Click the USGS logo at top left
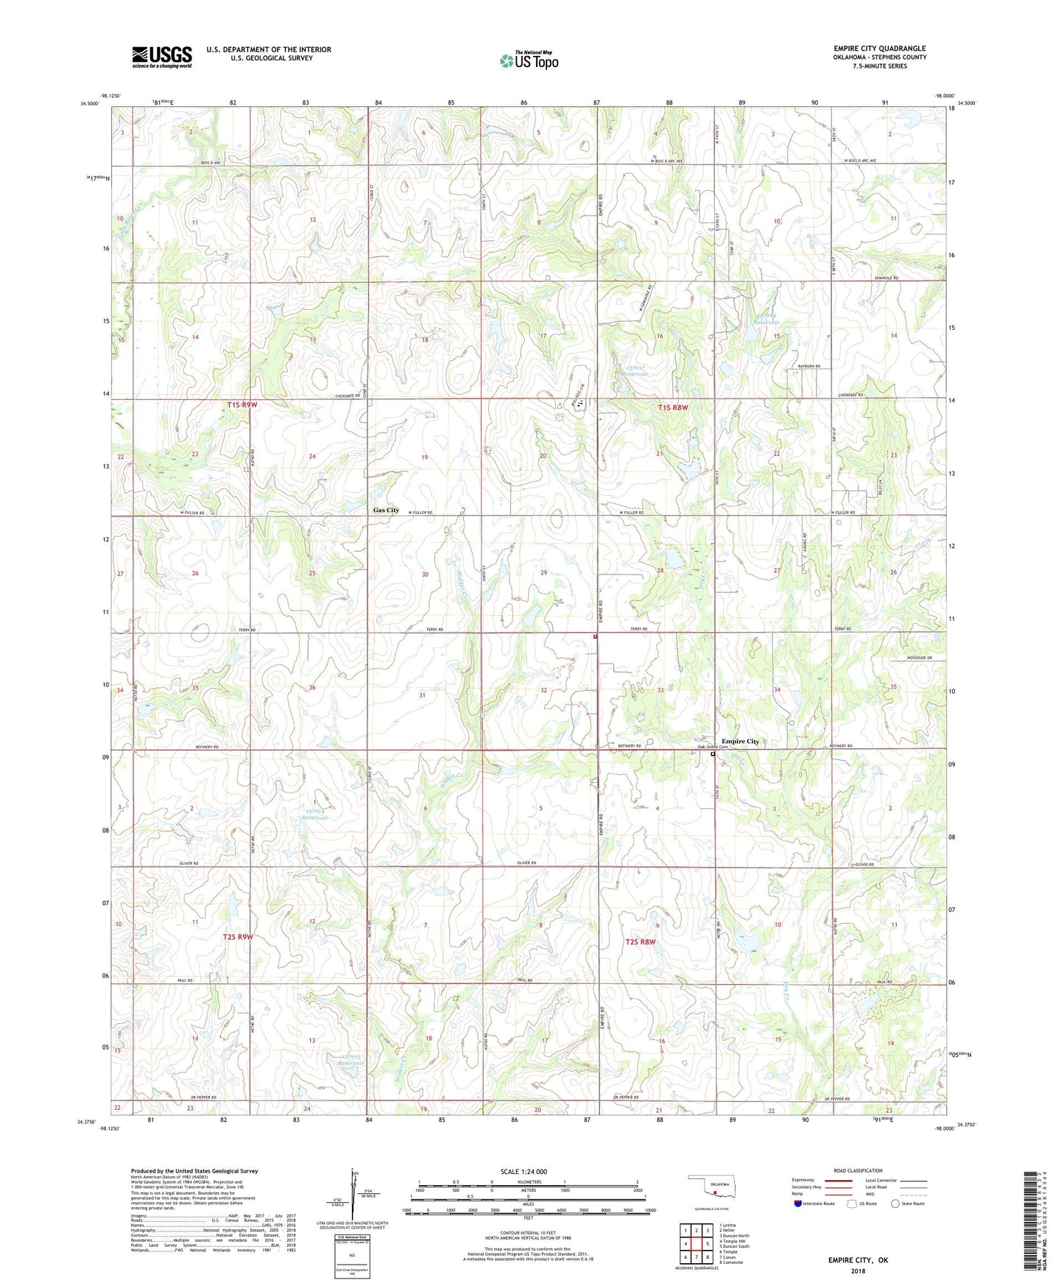point(162,57)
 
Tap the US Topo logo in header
point(529,60)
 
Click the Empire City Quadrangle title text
point(879,48)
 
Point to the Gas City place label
point(386,510)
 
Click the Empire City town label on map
point(740,741)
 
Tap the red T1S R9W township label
point(242,405)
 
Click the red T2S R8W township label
point(641,941)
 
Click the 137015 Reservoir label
point(350,1061)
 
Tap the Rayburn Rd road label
point(808,366)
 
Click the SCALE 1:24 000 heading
point(524,1171)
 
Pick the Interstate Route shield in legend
point(800,1204)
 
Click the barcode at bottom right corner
point(1031,1234)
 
